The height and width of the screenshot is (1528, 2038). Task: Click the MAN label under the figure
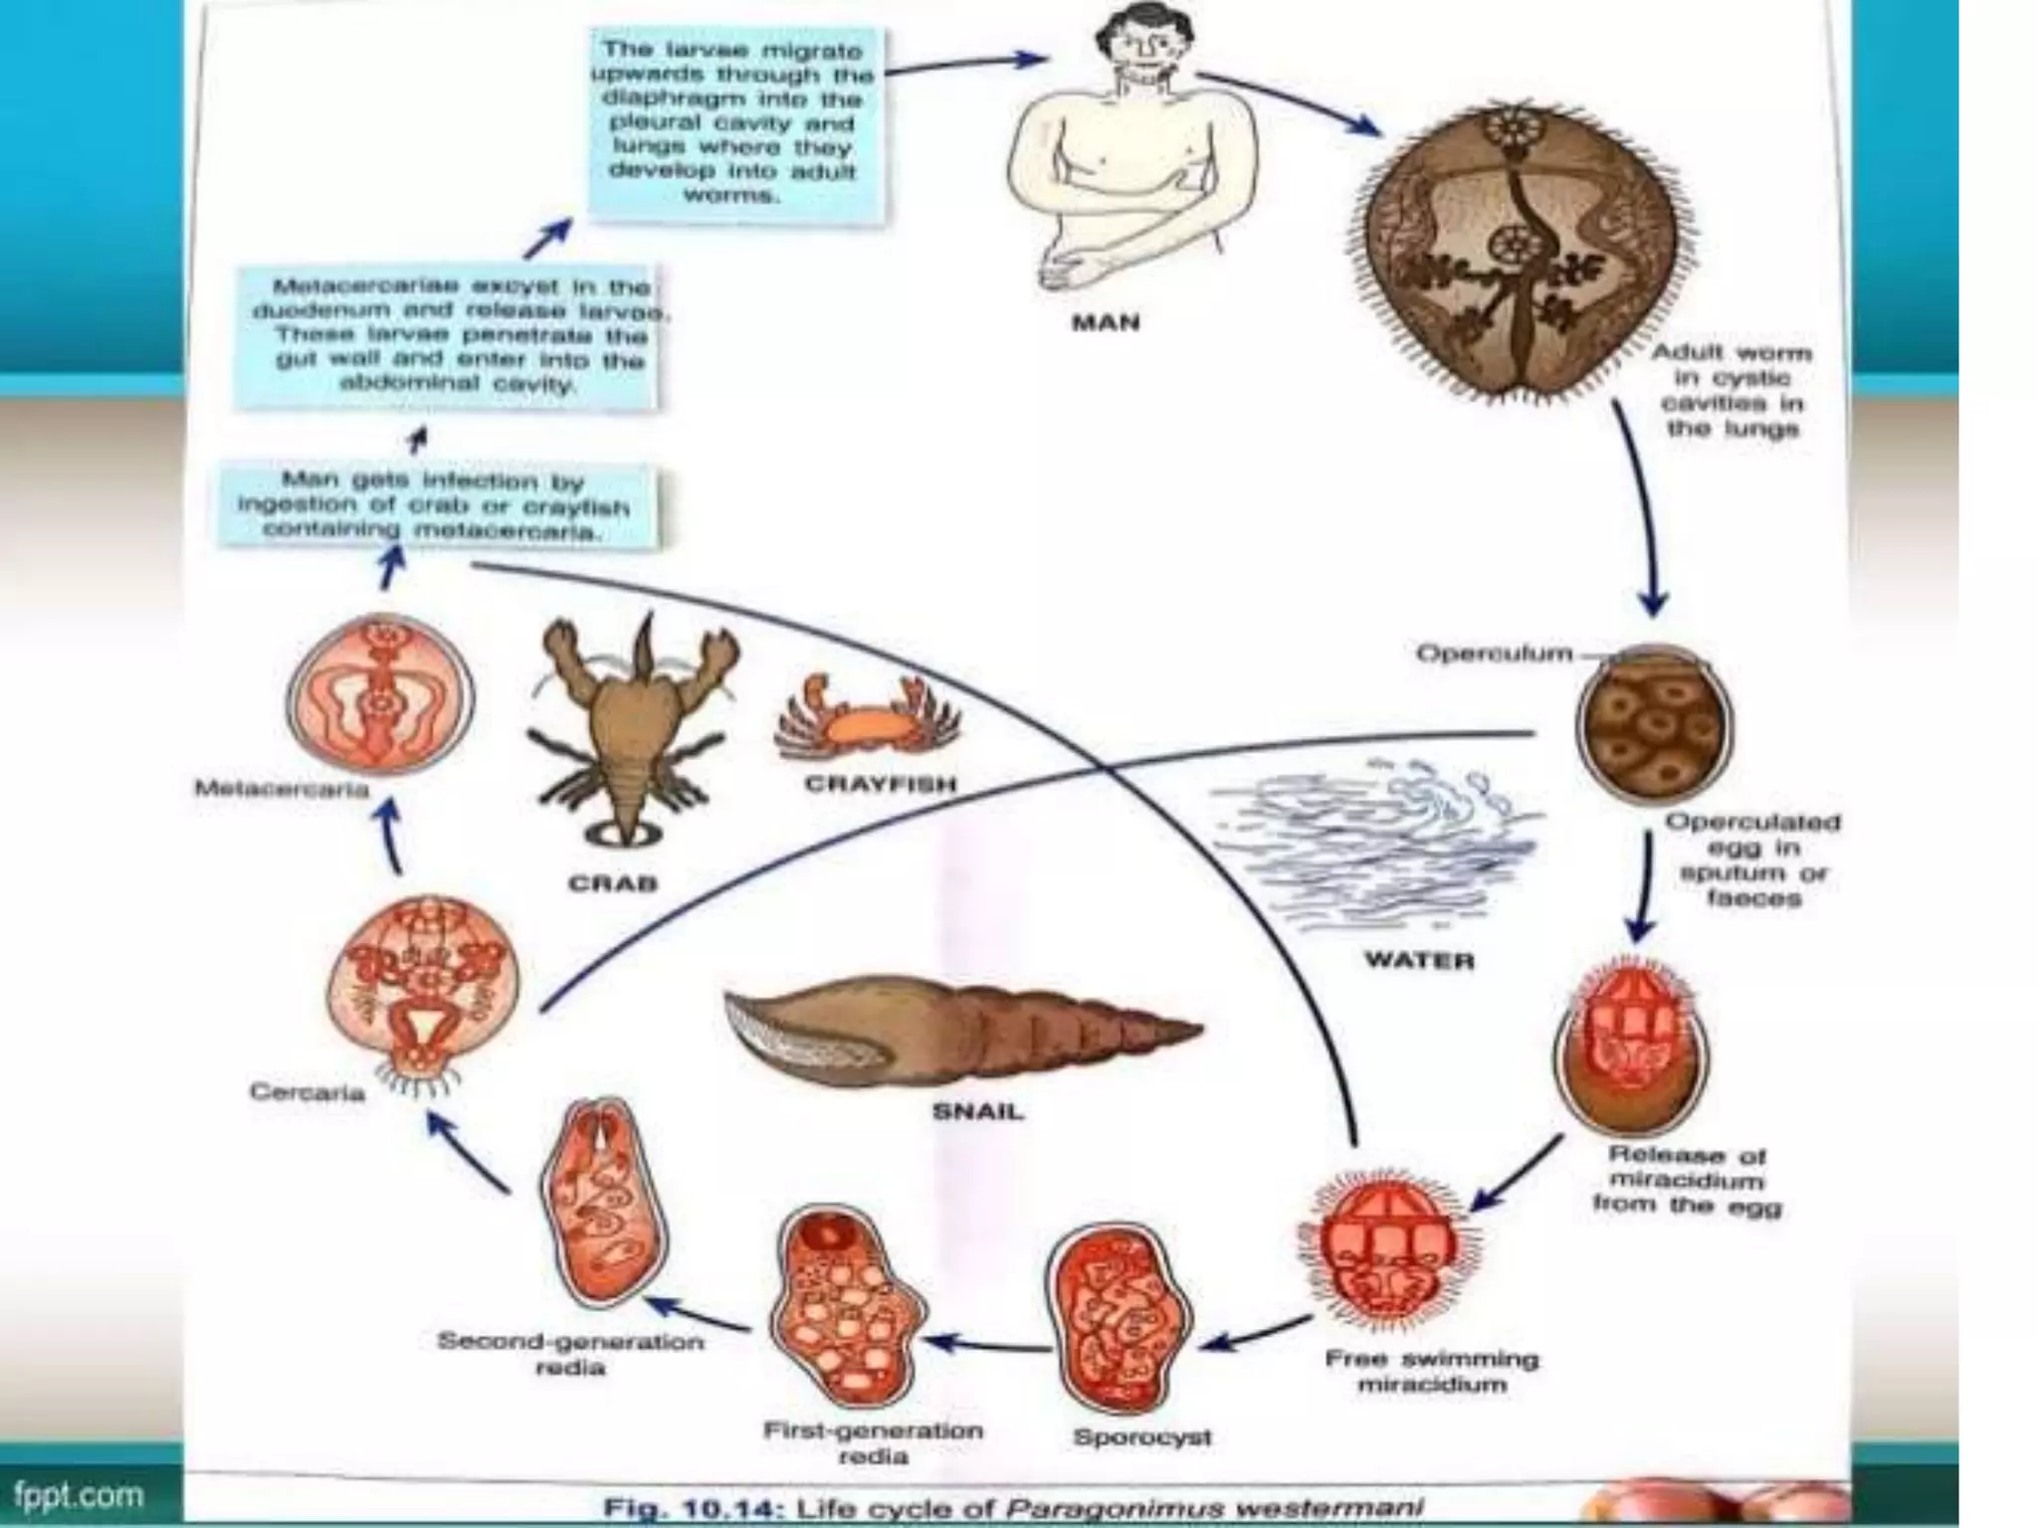click(x=1105, y=322)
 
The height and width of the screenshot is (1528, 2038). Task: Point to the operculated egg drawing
click(x=1653, y=727)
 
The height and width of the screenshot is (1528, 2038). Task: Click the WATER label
click(x=1419, y=960)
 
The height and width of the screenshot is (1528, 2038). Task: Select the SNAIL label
click(x=976, y=1111)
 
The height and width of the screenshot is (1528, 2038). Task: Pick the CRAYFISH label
click(x=880, y=784)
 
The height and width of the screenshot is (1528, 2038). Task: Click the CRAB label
click(x=613, y=882)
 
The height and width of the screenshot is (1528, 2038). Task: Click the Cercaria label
click(x=306, y=1092)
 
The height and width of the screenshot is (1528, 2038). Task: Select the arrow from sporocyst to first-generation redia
click(x=985, y=1344)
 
